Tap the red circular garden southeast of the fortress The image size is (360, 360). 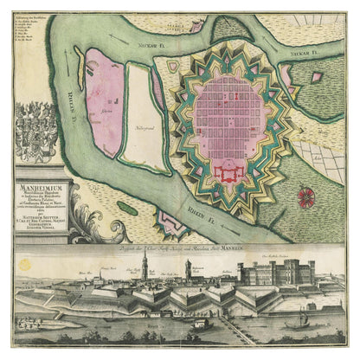(x=308, y=197)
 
